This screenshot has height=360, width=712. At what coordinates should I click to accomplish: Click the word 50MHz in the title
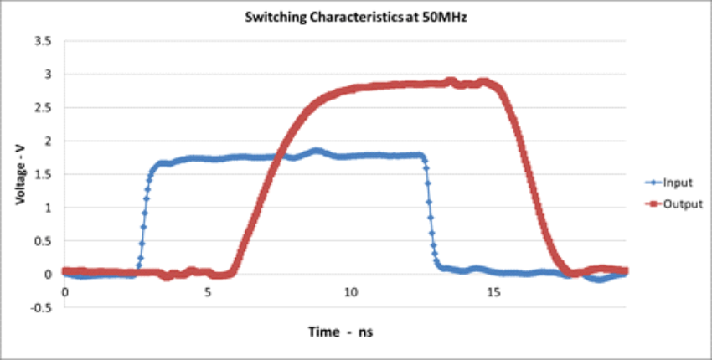point(444,18)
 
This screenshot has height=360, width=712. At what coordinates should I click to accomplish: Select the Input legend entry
point(675,181)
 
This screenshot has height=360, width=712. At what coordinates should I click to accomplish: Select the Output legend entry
point(678,203)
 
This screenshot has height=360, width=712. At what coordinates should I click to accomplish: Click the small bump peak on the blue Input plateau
point(316,151)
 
